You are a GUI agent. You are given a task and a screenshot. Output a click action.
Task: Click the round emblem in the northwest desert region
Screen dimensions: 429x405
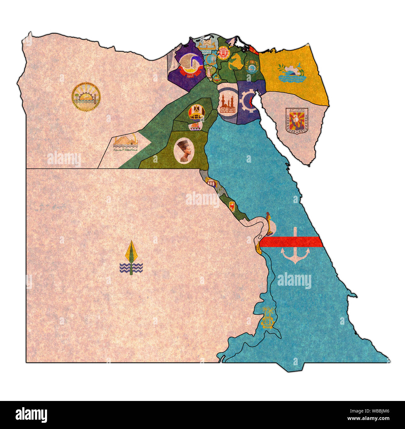[86, 97]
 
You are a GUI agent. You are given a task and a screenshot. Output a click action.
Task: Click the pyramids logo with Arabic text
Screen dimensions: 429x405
[125, 143]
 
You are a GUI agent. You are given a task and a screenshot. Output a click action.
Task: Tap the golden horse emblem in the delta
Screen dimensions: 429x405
[236, 62]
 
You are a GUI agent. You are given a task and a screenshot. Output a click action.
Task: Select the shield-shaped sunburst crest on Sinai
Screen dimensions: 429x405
[297, 121]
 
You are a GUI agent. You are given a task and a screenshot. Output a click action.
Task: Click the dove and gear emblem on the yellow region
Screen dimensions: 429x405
[291, 73]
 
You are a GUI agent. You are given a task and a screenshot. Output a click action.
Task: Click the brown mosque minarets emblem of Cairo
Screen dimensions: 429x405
[228, 103]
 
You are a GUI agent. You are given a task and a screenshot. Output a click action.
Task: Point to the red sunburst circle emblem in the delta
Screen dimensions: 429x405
[223, 53]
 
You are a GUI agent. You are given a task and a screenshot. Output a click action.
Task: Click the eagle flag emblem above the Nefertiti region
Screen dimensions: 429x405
[196, 112]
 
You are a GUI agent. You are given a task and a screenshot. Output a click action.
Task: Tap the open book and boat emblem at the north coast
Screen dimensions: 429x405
[206, 45]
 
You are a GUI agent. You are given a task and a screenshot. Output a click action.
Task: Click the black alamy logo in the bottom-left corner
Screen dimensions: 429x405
[31, 415]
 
